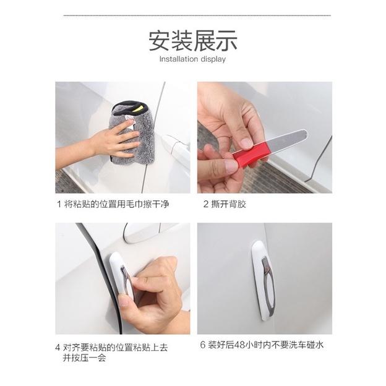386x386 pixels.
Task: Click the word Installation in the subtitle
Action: [179, 59]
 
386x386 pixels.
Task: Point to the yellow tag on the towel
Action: [139, 109]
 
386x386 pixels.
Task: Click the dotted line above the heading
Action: [192, 15]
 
